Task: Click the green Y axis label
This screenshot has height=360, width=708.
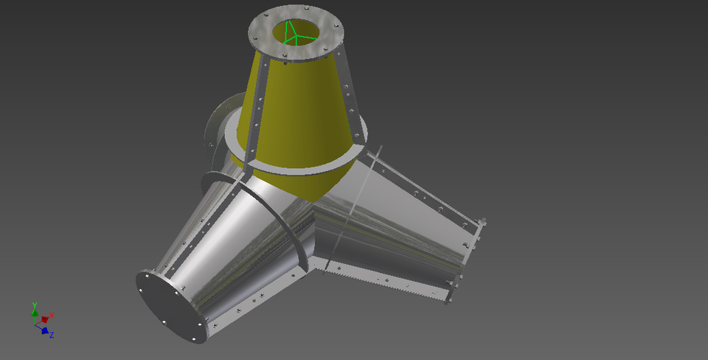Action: click(x=35, y=304)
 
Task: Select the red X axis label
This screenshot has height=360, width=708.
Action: click(x=52, y=315)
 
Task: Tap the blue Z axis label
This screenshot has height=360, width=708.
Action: click(x=52, y=335)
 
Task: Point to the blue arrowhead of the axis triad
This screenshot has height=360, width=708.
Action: click(x=45, y=330)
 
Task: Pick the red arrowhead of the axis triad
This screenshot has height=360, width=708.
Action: click(x=45, y=319)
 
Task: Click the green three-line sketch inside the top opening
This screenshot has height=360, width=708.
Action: click(x=294, y=32)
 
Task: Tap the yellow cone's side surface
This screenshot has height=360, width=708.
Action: click(x=302, y=111)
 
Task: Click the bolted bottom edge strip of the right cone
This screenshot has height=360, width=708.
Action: click(x=383, y=281)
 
